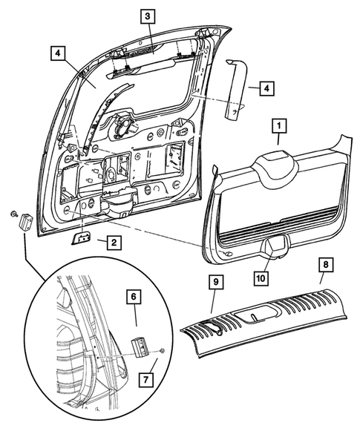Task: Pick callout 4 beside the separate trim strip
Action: tap(264, 88)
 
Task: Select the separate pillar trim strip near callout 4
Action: tap(236, 88)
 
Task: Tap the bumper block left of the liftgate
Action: tap(25, 220)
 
